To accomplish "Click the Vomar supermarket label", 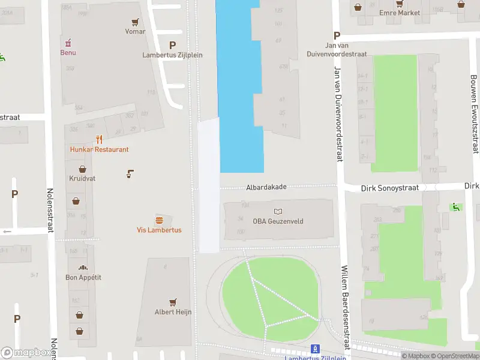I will point(135,31).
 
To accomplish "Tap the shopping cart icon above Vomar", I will point(136,22).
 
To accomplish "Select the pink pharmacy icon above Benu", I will point(68,43).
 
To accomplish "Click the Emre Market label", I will point(400,12).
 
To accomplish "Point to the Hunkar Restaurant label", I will point(99,149).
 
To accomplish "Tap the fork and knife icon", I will point(99,140).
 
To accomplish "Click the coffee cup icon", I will point(130,174).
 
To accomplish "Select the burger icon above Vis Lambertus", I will point(159,220).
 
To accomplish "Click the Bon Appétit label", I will point(83,277).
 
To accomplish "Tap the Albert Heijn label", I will point(173,311).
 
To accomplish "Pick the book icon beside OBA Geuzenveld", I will point(278,211).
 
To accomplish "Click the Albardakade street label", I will point(266,187).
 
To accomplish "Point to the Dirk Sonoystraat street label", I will point(389,188).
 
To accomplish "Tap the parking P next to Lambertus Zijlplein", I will point(173,45).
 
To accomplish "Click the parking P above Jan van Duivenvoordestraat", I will point(337,35).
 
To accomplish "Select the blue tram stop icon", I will point(314,349).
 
